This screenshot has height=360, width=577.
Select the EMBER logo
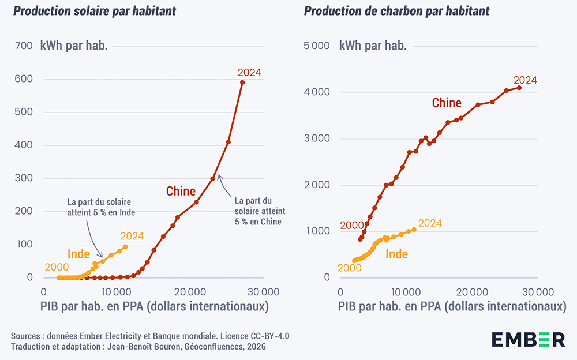[528, 339]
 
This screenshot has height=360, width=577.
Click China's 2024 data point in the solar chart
[242, 82]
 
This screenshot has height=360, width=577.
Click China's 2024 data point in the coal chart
[519, 88]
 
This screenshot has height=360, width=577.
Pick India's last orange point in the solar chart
[125, 247]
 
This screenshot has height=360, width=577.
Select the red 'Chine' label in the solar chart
[181, 191]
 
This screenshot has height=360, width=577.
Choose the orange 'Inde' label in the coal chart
[396, 254]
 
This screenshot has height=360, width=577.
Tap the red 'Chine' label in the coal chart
[447, 103]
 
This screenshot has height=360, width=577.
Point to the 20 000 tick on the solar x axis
[190, 291]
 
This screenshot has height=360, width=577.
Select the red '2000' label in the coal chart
[351, 226]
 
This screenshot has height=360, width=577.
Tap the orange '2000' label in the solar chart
[57, 267]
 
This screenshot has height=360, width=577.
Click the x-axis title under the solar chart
[155, 306]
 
